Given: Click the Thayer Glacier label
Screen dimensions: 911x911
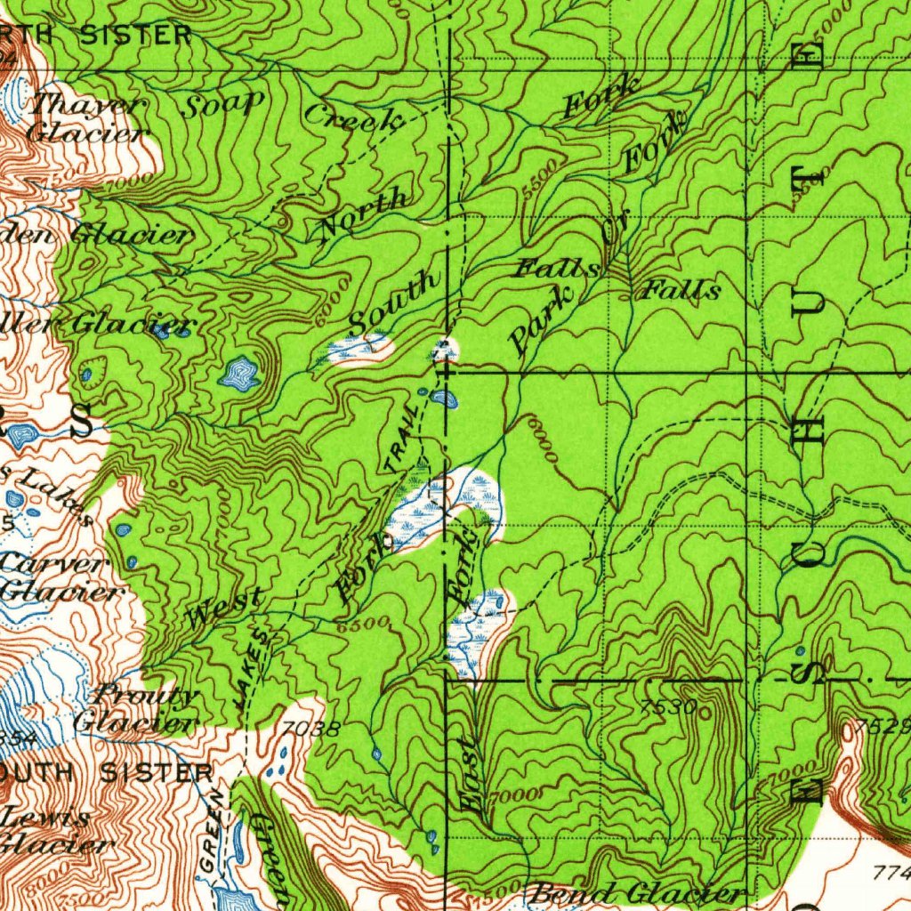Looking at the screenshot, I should (x=86, y=118).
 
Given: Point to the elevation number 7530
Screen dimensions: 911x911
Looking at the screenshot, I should (x=668, y=706).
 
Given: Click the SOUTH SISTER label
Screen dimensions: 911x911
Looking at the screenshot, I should (x=107, y=772).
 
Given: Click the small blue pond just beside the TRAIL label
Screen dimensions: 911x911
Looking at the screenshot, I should (x=442, y=399).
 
